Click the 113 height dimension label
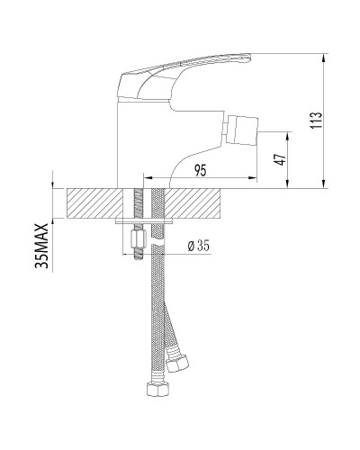coord(316,120)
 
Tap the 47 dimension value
coord(280,159)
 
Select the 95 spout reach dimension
coord(201,170)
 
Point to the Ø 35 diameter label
coord(198,246)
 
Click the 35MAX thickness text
coord(41,246)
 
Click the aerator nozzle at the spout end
coord(242,130)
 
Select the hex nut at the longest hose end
coord(157,389)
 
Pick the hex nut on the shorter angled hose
coord(177,362)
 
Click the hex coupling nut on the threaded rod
coord(139,238)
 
